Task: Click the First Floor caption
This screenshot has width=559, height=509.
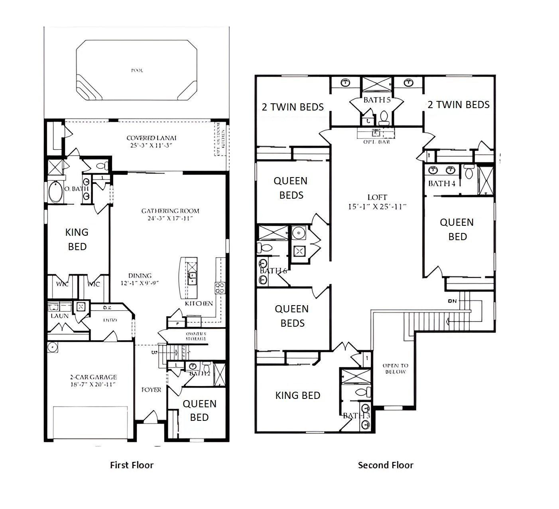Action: click(x=132, y=465)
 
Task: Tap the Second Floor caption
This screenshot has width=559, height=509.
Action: click(x=386, y=465)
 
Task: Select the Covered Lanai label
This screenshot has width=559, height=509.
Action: click(x=152, y=142)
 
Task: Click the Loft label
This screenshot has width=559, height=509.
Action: click(x=377, y=202)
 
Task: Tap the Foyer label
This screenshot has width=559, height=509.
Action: click(x=152, y=389)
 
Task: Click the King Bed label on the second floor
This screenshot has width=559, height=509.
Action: click(x=298, y=395)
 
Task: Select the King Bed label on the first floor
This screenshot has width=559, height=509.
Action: click(x=77, y=239)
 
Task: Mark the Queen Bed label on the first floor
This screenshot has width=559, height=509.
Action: click(x=199, y=410)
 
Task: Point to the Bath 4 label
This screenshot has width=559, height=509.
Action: click(x=442, y=183)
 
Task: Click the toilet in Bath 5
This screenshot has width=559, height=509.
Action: click(x=384, y=116)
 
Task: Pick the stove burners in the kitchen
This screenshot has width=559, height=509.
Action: click(x=220, y=288)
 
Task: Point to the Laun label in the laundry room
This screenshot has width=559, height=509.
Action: click(x=59, y=316)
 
